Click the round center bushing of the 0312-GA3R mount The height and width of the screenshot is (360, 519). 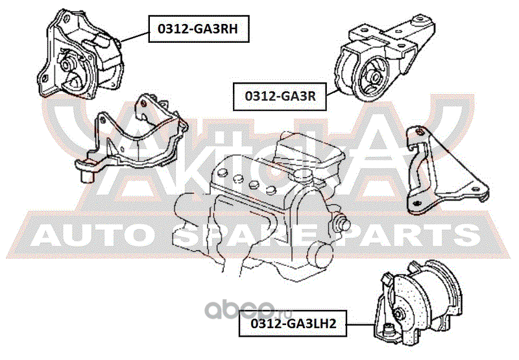tap(375, 76)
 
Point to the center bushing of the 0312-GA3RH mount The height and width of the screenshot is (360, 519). tap(67, 66)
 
